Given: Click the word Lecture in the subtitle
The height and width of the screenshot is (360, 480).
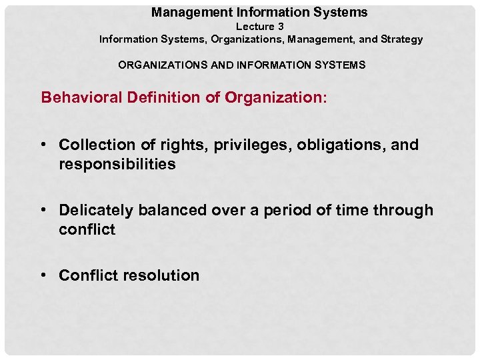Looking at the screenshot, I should (x=255, y=27).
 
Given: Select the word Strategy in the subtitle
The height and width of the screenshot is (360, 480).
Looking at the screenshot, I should (x=402, y=39).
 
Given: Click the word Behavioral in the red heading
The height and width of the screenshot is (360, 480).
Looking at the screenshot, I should (x=79, y=97).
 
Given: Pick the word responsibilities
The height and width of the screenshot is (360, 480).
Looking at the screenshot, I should (x=117, y=165).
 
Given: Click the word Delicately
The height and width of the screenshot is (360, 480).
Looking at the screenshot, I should (x=97, y=211).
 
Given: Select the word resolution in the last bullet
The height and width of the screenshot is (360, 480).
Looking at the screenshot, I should (x=162, y=275).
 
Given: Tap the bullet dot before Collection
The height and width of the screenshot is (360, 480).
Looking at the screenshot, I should (x=44, y=145).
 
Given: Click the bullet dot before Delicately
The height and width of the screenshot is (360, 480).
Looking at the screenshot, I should (x=44, y=210).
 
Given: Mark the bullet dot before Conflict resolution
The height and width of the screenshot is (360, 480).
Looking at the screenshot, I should (x=44, y=275).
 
